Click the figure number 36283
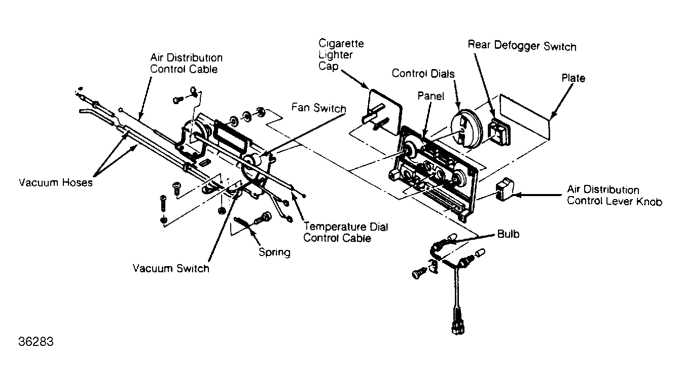36,342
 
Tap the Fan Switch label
318,108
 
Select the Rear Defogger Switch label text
522,46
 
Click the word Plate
574,78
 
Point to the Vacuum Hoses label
56,182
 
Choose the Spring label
274,252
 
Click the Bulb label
508,234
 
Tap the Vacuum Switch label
171,268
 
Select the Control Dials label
423,73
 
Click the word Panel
431,96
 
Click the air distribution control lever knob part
505,189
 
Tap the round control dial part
466,129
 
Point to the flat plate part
525,117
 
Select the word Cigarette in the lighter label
341,43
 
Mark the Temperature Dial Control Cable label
346,232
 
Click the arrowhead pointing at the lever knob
517,195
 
